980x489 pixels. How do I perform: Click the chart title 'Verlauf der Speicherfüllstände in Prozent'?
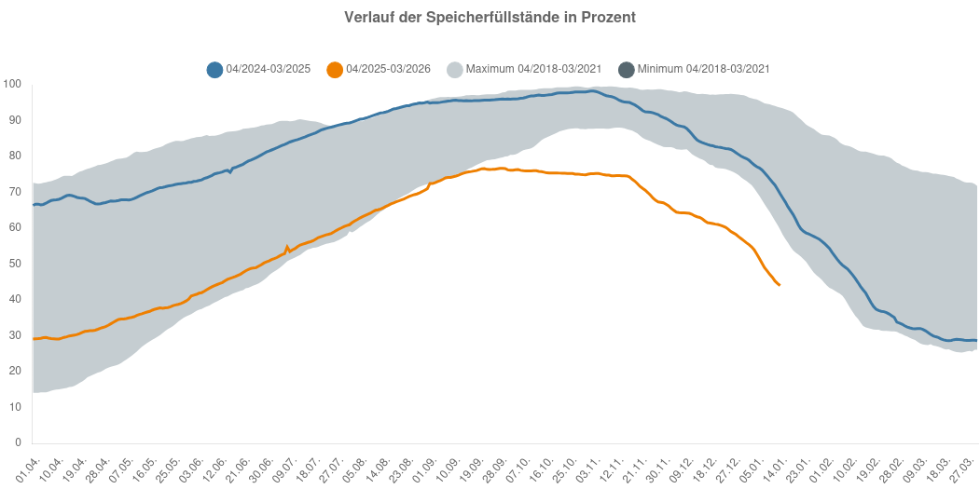(490, 18)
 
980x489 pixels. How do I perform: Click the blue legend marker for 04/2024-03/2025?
(215, 69)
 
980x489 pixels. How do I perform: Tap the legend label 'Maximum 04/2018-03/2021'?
(532, 69)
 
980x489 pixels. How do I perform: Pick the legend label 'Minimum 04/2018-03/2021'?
(704, 69)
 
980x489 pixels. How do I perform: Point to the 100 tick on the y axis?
(12, 85)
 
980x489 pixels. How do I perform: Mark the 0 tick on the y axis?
(18, 442)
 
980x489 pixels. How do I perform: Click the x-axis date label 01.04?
(27, 463)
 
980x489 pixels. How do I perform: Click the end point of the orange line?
(780, 285)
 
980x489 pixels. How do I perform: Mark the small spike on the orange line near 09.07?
(287, 247)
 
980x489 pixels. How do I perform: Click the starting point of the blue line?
(34, 205)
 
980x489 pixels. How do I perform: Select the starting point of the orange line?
(34, 339)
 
